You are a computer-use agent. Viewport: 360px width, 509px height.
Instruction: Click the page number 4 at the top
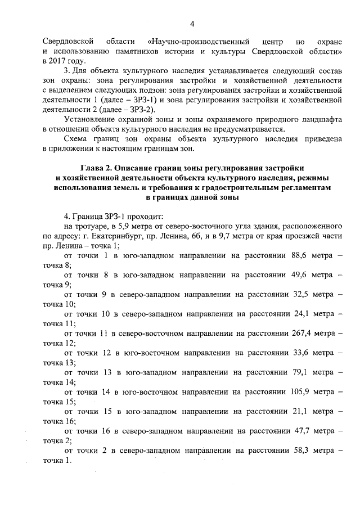click(192, 24)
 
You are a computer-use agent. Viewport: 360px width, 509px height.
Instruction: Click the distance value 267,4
click(298, 334)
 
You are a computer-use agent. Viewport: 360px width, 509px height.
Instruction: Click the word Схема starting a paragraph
click(78, 138)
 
